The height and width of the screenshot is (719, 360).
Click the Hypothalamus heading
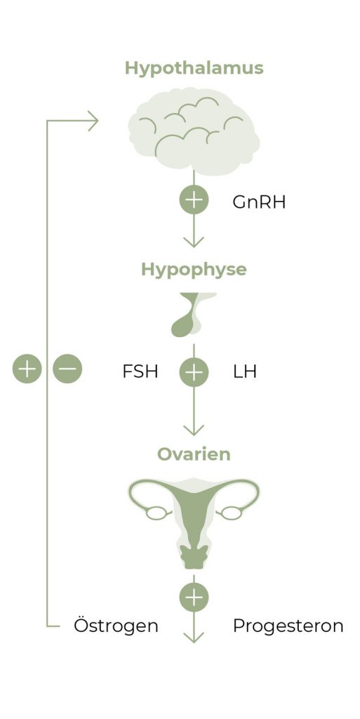(x=194, y=69)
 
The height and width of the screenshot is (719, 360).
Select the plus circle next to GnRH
(x=194, y=200)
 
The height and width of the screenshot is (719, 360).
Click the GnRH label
(x=259, y=202)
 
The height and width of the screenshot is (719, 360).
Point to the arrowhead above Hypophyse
(x=194, y=242)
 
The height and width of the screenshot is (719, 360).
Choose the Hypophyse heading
(x=194, y=270)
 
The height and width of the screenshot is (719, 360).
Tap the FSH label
(x=140, y=371)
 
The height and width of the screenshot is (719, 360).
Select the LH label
(x=245, y=371)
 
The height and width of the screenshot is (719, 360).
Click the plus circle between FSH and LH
(x=194, y=371)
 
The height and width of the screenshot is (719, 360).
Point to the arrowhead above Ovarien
(x=194, y=430)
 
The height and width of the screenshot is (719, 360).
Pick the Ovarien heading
(x=194, y=454)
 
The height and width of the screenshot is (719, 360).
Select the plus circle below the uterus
(x=194, y=597)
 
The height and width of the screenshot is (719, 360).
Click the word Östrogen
(x=116, y=625)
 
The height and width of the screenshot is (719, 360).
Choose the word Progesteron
(x=288, y=626)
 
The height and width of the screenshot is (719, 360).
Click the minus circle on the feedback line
(x=67, y=369)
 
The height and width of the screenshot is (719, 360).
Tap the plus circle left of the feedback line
(x=27, y=369)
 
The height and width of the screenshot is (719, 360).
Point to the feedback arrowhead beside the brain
(x=93, y=121)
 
